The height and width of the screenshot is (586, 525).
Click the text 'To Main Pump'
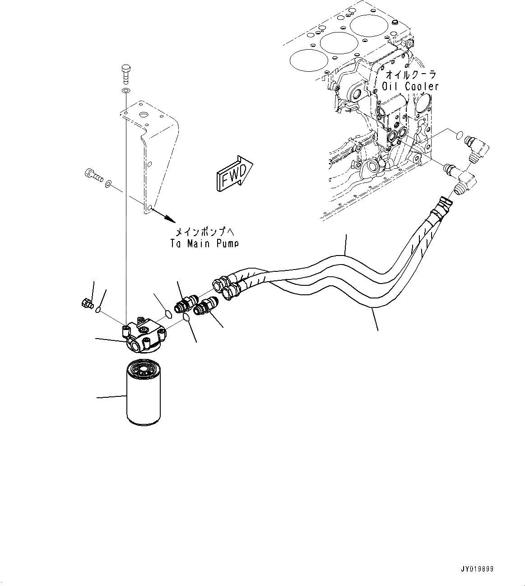(x=204, y=243)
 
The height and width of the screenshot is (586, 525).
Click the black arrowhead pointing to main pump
(x=169, y=219)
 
